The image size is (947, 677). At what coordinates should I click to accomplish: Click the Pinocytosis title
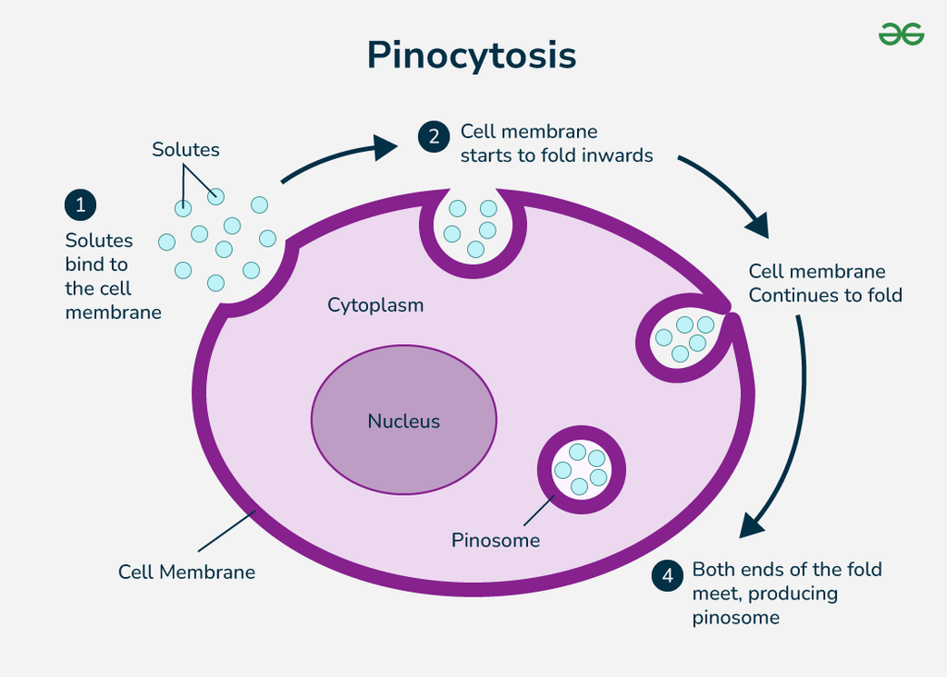click(472, 55)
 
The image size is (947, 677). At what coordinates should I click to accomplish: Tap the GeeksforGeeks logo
click(901, 34)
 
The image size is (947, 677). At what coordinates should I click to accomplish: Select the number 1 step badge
click(80, 204)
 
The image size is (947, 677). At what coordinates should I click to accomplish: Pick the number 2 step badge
click(434, 136)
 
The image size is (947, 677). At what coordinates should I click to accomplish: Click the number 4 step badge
click(668, 575)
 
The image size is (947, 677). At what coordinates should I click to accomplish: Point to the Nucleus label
click(404, 422)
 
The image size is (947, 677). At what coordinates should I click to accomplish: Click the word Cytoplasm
click(375, 305)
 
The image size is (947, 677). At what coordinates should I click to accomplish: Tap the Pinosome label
click(496, 540)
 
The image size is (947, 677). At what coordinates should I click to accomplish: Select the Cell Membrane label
click(187, 572)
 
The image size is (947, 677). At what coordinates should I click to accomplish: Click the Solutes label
click(186, 150)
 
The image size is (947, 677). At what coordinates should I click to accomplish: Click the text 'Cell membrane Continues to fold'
click(825, 283)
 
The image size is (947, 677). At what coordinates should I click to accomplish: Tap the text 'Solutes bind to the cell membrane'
click(112, 277)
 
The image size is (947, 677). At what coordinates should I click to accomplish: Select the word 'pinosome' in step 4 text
click(735, 618)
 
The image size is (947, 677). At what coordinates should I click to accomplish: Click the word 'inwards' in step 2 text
click(617, 155)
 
